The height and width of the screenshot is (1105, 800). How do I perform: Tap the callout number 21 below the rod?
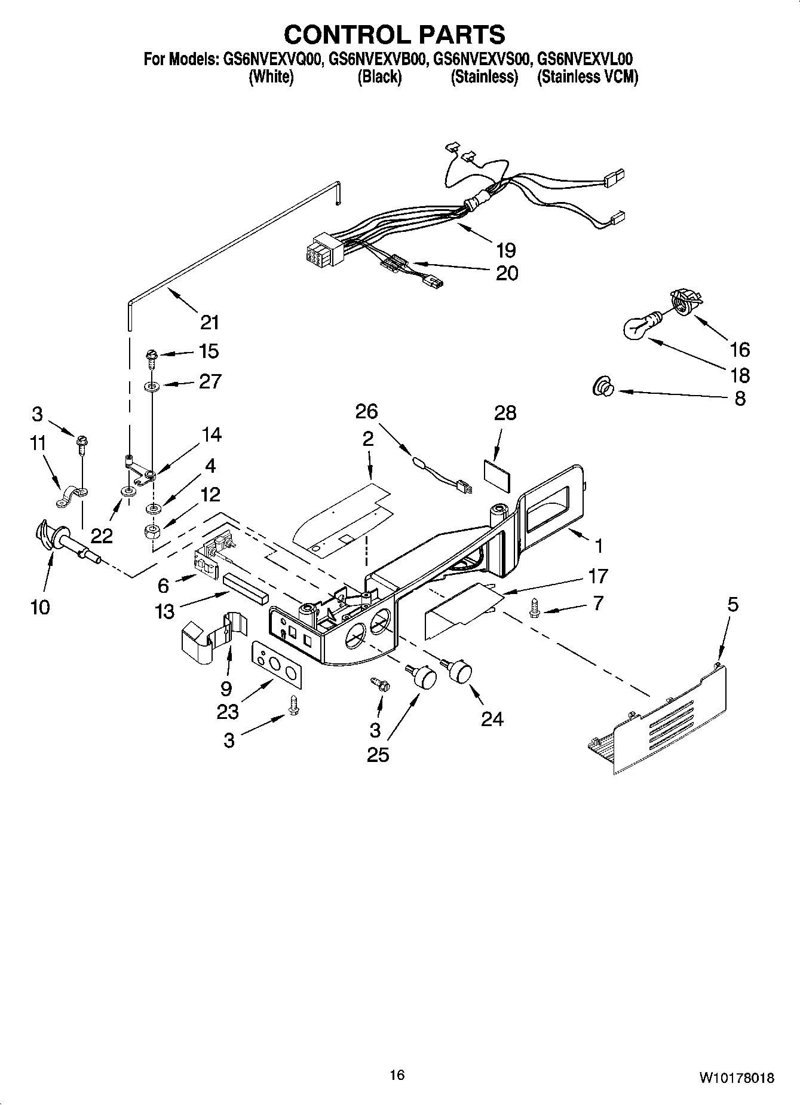209,323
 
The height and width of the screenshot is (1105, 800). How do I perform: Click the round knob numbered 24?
459,671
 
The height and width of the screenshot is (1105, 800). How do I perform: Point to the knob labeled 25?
424,678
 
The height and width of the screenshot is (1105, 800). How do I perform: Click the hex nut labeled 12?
152,531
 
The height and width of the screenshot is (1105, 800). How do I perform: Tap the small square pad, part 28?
497,474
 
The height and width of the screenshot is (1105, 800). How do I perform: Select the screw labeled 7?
534,610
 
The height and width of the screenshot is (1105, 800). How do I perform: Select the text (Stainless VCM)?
587,77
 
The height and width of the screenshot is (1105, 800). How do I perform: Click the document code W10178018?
736,1078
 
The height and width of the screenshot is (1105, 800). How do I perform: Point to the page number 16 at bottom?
397,1075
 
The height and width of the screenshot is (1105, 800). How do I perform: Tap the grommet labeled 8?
602,389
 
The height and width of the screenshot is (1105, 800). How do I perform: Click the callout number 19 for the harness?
505,250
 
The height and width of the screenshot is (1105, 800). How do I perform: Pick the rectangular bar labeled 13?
246,588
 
